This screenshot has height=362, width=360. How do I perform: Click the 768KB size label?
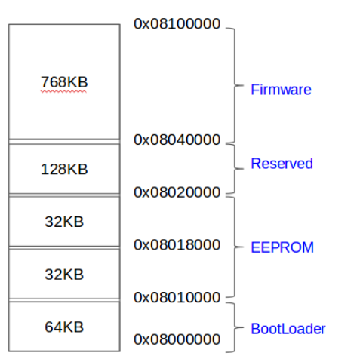[64, 82]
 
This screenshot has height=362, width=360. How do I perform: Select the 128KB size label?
[64, 169]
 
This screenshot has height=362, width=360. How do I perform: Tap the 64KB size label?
[64, 327]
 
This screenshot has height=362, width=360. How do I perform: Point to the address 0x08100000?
[177, 24]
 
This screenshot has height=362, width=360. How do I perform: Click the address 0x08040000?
[177, 140]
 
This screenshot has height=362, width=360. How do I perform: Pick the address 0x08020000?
[177, 192]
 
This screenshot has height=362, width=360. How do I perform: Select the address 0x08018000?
[177, 245]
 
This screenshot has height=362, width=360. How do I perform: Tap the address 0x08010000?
[177, 297]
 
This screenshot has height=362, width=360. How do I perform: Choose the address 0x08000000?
[177, 339]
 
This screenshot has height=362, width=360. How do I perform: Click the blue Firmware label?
[281, 90]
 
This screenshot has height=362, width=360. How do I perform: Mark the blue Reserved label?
[282, 164]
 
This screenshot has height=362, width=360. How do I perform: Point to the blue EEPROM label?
[282, 247]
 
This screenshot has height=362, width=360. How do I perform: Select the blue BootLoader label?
[288, 329]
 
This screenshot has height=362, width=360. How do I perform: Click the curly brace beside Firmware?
[235, 85]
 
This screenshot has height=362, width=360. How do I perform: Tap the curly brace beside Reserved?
[235, 169]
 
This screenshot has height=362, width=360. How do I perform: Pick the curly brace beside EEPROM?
[235, 247]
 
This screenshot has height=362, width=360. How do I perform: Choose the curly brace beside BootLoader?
[235, 327]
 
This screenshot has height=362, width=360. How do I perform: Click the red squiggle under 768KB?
[63, 92]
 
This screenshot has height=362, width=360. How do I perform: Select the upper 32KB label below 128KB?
[64, 222]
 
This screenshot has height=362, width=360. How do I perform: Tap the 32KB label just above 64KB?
[64, 275]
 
